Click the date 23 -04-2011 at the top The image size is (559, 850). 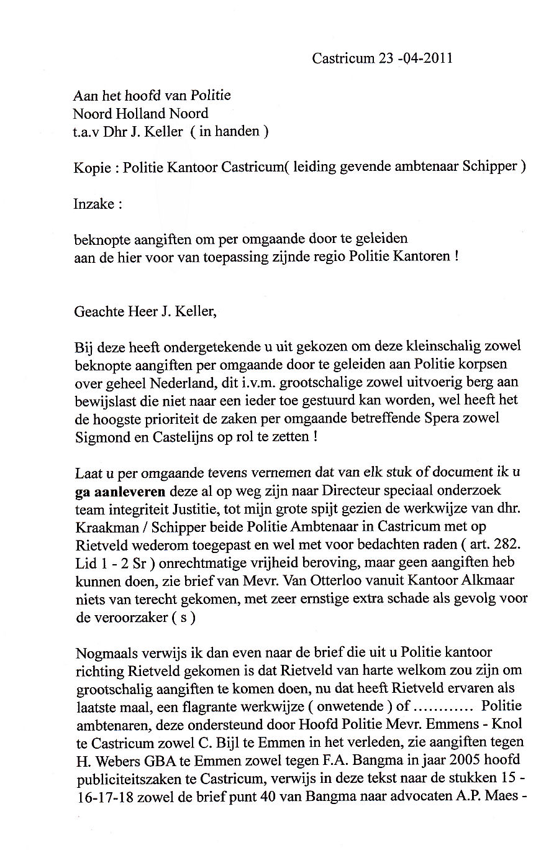[x=411, y=58]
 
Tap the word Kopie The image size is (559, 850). [x=93, y=168]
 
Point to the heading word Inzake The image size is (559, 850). [x=94, y=203]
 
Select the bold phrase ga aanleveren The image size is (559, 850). [x=120, y=490]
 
